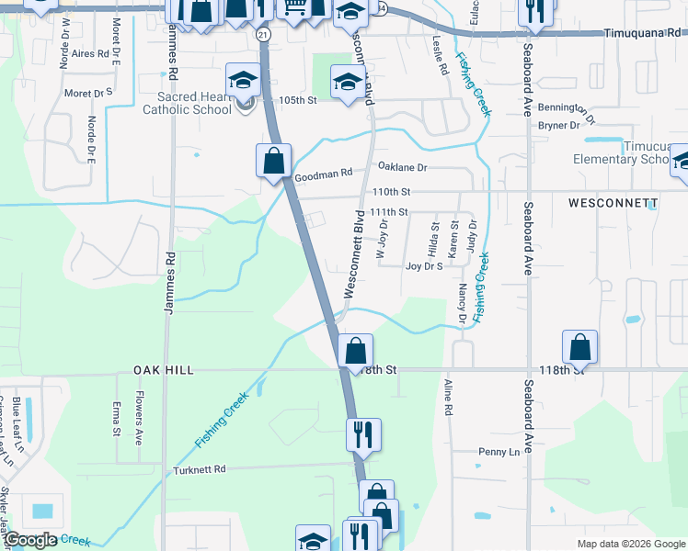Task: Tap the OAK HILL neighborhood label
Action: [x=164, y=369]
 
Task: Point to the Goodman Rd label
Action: [x=323, y=173]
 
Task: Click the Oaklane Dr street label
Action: [x=403, y=167]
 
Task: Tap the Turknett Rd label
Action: [x=200, y=469]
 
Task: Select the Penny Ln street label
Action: [x=499, y=452]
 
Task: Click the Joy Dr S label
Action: [x=424, y=266]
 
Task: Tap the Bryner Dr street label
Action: [x=558, y=125]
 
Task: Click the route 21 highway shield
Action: [x=264, y=34]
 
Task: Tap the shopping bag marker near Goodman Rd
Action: [x=274, y=161]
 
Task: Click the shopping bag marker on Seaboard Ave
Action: [x=579, y=347]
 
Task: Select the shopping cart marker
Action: [x=294, y=7]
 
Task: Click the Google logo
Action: [x=31, y=540]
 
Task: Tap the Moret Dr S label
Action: [x=88, y=93]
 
